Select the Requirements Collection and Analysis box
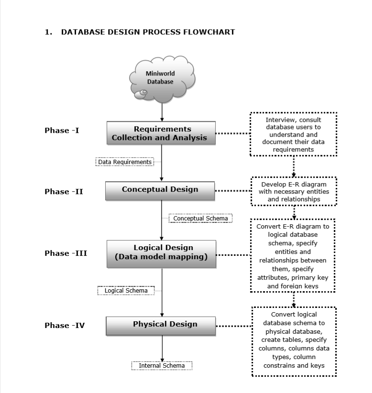161,133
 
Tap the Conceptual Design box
160,190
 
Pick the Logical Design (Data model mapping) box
161,253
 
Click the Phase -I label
62,131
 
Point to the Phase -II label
64,192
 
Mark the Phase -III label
66,253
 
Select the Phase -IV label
65,326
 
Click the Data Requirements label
125,162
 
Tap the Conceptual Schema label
200,218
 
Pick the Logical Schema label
126,291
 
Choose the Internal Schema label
162,366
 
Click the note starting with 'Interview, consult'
293,134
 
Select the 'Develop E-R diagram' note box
293,191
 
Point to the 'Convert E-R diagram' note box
293,255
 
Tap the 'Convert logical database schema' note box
294,341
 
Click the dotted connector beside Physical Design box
234,326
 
